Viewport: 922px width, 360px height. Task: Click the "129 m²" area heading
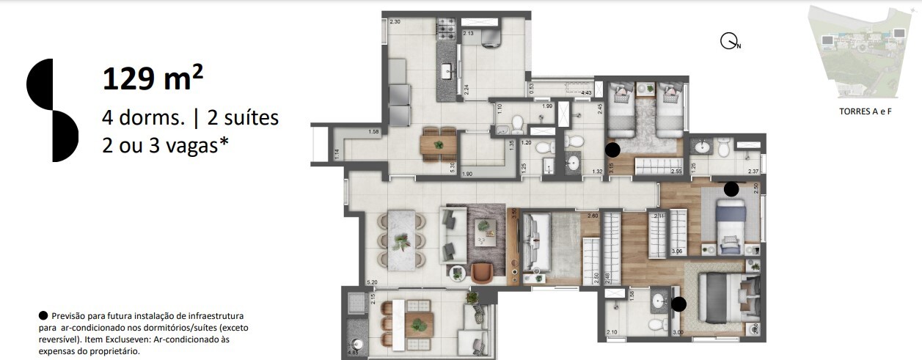[x=153, y=78]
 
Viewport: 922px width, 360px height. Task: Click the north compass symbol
[x=728, y=42]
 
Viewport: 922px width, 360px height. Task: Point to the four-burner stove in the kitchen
[x=447, y=30]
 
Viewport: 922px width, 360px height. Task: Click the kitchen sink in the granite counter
[x=445, y=71]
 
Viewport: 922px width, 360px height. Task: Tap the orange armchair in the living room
[x=482, y=272]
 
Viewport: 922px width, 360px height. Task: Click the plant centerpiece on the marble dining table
[x=402, y=241]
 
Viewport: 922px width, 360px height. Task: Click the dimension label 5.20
[x=372, y=282]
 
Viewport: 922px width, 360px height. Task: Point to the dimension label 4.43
[x=586, y=93]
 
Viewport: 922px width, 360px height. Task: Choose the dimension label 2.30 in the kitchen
[x=395, y=22]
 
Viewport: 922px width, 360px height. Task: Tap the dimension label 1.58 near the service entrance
[x=373, y=132]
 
